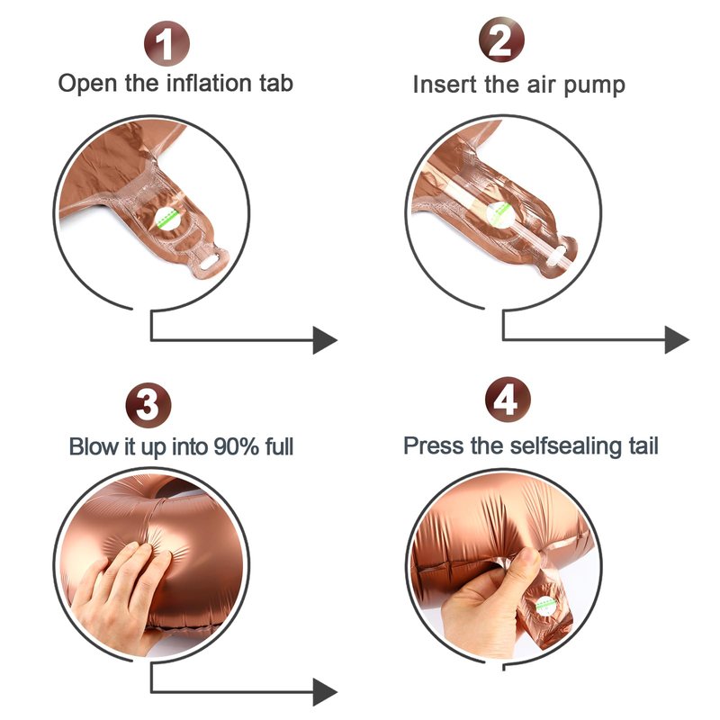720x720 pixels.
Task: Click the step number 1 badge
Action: (x=166, y=43)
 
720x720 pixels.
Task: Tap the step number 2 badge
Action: (x=501, y=40)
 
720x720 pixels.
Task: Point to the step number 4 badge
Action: (x=508, y=400)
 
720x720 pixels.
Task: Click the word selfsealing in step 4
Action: (x=566, y=446)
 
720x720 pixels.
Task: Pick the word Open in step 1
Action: (x=87, y=84)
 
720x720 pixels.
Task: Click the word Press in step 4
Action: (x=433, y=445)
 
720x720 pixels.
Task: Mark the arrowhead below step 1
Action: (x=325, y=340)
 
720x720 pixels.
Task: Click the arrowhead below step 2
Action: (x=677, y=340)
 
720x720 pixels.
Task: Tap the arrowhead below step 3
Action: (x=325, y=692)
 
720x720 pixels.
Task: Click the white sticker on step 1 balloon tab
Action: (x=167, y=218)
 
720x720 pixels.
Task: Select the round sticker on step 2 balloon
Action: (x=499, y=214)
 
